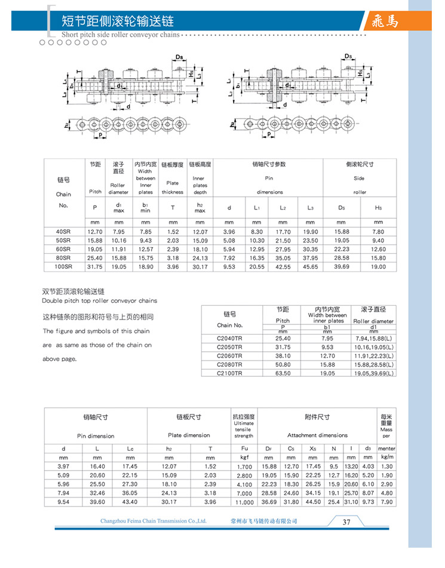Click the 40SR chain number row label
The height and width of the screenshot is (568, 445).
63,232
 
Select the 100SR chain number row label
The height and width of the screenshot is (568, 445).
63,266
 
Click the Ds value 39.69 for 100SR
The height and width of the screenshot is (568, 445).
342,266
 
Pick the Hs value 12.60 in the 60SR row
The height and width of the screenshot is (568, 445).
378,249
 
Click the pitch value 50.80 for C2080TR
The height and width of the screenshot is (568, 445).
283,364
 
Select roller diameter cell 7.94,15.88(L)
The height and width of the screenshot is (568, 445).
374,338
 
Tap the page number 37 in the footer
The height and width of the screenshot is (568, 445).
346,521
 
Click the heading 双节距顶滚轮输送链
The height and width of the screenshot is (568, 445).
73,291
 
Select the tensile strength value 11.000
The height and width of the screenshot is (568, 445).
244,503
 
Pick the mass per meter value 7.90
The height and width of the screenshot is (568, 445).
387,502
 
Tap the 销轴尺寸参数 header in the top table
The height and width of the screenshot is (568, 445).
269,164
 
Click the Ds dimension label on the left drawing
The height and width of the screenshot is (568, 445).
180,57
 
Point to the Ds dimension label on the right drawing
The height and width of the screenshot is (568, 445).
348,56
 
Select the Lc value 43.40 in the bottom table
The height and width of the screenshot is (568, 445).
130,502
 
